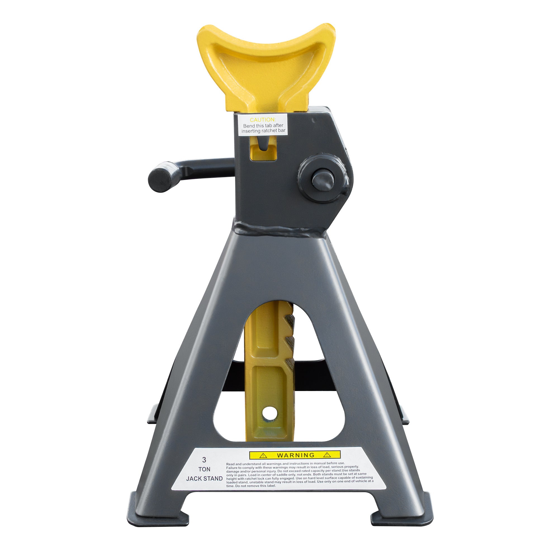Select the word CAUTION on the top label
pyautogui.click(x=263, y=120)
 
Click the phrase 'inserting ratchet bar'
pyautogui.click(x=263, y=131)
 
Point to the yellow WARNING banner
pyautogui.click(x=295, y=455)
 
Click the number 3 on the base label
pyautogui.click(x=204, y=460)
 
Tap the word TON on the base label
pyautogui.click(x=204, y=469)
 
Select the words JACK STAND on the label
pyautogui.click(x=204, y=479)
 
